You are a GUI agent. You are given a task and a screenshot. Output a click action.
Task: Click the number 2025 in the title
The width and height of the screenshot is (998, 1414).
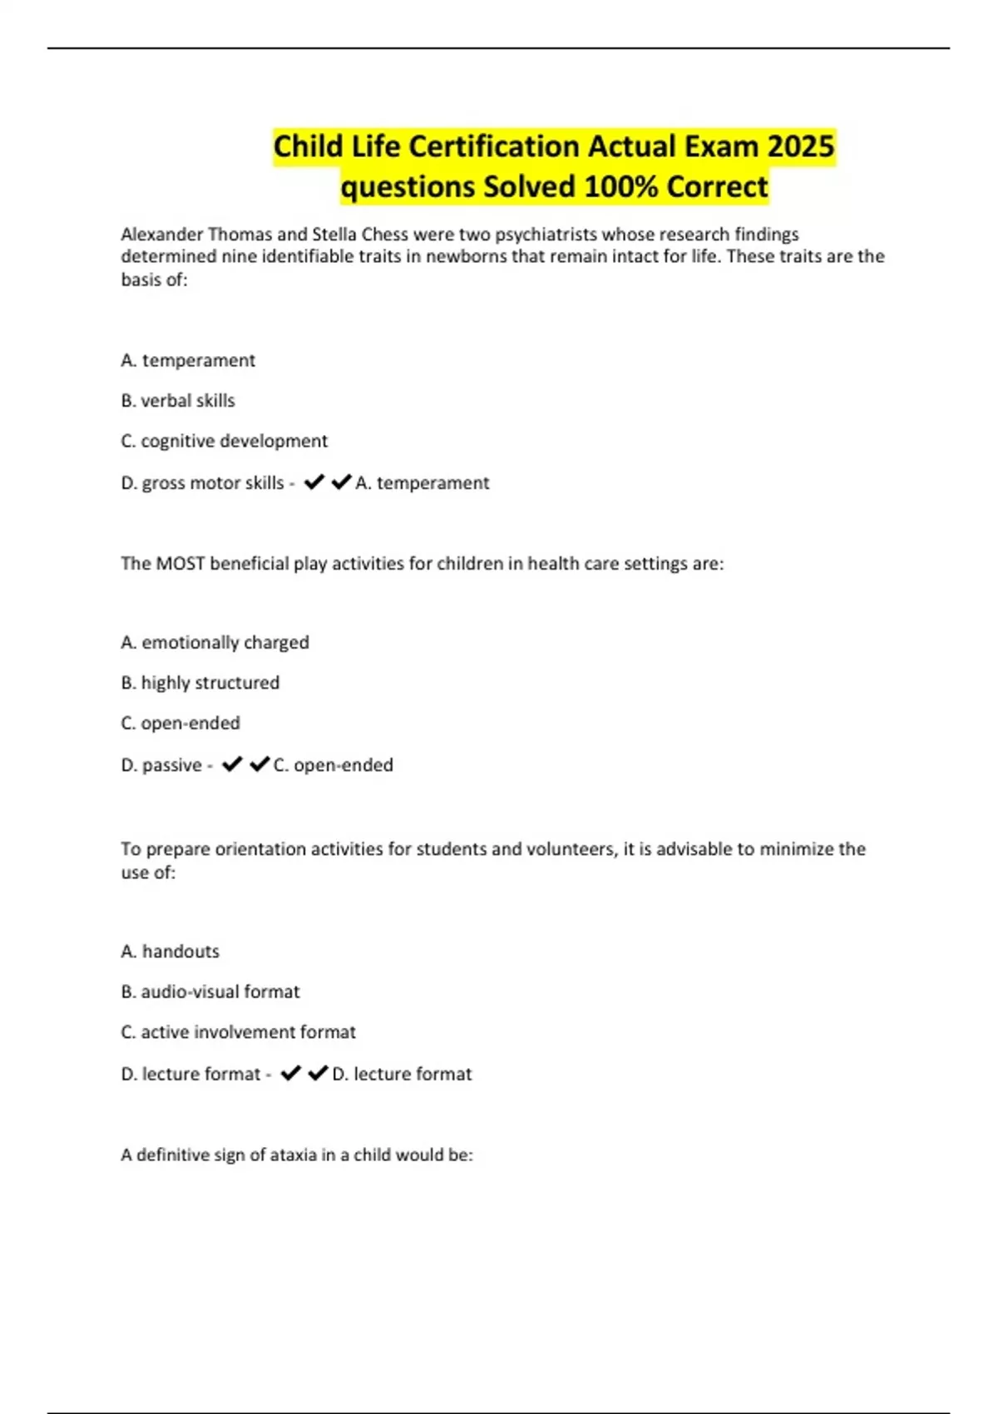pyautogui.click(x=801, y=146)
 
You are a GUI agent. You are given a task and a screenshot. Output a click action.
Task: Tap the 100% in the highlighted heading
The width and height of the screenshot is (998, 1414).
pyautogui.click(x=620, y=186)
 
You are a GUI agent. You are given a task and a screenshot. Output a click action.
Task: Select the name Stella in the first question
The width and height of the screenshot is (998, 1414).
pyautogui.click(x=333, y=234)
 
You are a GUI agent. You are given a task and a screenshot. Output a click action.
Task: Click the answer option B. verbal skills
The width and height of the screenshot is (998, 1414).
pyautogui.click(x=178, y=400)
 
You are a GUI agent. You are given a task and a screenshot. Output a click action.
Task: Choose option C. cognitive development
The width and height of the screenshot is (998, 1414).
pyautogui.click(x=224, y=440)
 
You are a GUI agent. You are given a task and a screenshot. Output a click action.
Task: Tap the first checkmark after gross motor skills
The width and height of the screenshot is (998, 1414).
pyautogui.click(x=314, y=482)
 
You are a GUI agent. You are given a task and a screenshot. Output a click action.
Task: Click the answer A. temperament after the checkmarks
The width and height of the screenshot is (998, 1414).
pyautogui.click(x=422, y=482)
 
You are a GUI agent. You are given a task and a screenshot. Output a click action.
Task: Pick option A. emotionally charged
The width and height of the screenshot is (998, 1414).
pyautogui.click(x=215, y=642)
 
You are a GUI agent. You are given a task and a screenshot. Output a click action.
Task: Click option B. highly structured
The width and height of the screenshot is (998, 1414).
pyautogui.click(x=200, y=682)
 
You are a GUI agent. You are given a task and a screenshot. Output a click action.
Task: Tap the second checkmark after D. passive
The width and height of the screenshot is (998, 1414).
pyautogui.click(x=259, y=764)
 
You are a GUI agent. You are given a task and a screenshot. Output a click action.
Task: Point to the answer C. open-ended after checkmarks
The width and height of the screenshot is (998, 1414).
pyautogui.click(x=333, y=764)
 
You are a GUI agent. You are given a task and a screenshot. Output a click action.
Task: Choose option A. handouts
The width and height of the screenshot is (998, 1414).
pyautogui.click(x=170, y=951)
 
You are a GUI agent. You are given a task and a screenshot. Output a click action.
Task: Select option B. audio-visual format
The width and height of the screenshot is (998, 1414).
pyautogui.click(x=210, y=991)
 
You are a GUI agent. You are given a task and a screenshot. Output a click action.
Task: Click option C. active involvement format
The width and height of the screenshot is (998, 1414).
pyautogui.click(x=238, y=1031)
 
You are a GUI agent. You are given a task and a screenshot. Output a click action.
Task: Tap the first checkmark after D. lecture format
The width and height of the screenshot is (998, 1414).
pyautogui.click(x=290, y=1074)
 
